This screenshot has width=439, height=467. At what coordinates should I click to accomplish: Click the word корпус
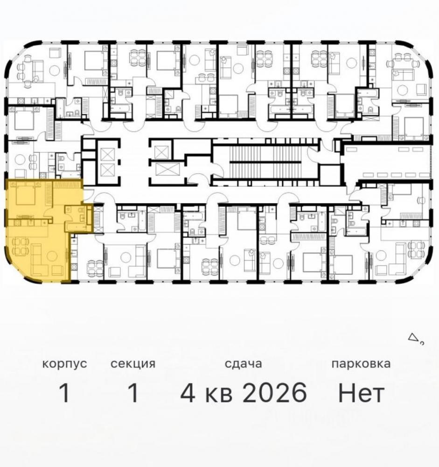[x=64, y=364]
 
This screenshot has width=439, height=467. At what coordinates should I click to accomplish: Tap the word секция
[x=133, y=364]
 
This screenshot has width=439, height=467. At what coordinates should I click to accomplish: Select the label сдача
[x=243, y=363]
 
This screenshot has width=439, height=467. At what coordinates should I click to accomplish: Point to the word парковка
[x=361, y=364]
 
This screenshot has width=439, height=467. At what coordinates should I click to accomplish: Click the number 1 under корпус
[x=64, y=393]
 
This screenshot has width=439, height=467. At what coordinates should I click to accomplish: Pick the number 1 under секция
[x=133, y=393]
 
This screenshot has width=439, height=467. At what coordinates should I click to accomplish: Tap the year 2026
[x=275, y=393]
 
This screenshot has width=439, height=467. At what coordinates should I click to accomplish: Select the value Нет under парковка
[x=361, y=393]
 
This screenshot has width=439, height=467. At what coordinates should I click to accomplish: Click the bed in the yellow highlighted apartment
[x=25, y=194]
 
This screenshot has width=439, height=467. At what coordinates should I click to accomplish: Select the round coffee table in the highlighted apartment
[x=52, y=255]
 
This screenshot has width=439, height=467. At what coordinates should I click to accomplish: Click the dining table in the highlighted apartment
[x=17, y=246]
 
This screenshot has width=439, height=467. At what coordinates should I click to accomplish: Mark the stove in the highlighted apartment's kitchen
[x=16, y=222]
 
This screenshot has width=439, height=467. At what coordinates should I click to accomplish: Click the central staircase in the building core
[x=265, y=162]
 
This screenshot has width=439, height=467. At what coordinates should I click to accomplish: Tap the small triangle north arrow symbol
[x=412, y=338]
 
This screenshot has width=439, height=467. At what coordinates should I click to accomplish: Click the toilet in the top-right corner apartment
[x=371, y=110]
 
